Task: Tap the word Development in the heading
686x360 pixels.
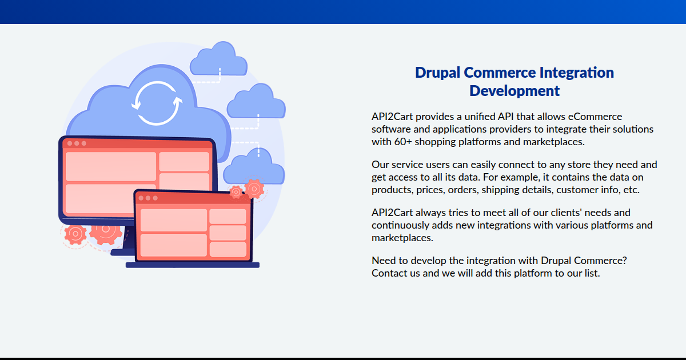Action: coord(514,91)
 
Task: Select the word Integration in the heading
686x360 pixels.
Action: coord(577,73)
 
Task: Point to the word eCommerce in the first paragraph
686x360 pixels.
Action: coord(595,117)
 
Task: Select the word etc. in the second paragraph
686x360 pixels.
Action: coord(632,190)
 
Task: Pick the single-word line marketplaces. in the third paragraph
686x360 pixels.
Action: coord(402,238)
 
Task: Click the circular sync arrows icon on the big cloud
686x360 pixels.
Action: coord(157,103)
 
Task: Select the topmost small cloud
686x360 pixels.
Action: coord(218,59)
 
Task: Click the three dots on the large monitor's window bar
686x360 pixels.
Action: coord(77,143)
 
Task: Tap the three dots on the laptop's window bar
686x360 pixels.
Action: coord(148,198)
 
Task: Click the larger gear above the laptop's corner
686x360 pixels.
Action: coord(254,189)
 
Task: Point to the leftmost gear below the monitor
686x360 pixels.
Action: coord(75,234)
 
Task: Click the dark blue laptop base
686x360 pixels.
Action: coord(193,265)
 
